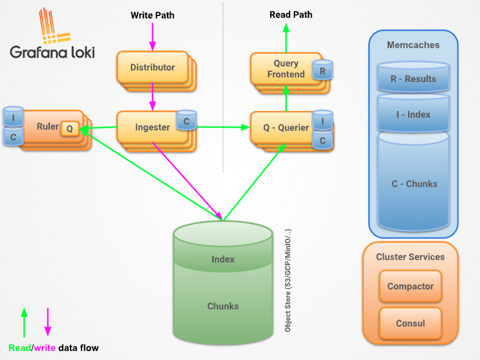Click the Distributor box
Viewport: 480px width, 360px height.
point(153,67)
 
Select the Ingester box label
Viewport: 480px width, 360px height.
point(153,127)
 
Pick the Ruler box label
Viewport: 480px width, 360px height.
point(47,126)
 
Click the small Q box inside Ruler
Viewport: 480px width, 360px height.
point(70,128)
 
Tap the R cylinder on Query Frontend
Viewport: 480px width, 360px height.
point(322,70)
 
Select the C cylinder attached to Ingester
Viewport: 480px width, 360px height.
point(187,120)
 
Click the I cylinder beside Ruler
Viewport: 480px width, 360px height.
point(13,117)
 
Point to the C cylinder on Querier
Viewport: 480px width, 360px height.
point(322,140)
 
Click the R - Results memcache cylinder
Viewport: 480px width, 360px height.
point(413,77)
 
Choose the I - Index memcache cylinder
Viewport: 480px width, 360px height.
point(413,114)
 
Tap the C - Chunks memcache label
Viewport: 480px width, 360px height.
point(415,184)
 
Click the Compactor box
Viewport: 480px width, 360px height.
point(410,286)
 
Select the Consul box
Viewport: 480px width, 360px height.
point(410,323)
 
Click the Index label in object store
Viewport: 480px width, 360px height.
point(223,259)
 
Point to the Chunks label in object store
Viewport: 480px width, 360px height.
point(223,306)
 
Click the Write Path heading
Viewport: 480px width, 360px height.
point(153,15)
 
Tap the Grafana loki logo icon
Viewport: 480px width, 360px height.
point(55,26)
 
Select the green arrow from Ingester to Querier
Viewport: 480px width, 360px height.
point(223,127)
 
